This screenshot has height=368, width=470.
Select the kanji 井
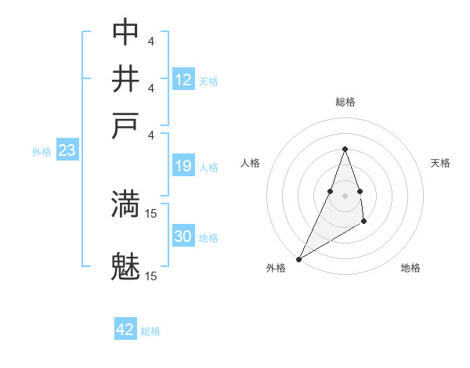[x=125, y=79]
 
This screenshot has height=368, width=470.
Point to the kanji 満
[x=125, y=204]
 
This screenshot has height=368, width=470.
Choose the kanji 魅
[x=125, y=267]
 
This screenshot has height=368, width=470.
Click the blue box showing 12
[x=183, y=80]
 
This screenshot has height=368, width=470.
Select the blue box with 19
[x=183, y=166]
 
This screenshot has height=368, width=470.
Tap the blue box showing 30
[x=183, y=236]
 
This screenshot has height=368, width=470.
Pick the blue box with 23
[x=67, y=151]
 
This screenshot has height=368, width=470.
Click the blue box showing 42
[x=125, y=330]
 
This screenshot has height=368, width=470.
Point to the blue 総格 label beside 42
[x=150, y=331]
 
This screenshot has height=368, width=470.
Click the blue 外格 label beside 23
[x=42, y=152]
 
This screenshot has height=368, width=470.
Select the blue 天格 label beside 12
[x=208, y=81]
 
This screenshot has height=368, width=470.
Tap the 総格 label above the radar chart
[x=345, y=102]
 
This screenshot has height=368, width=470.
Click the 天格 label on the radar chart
[x=440, y=163]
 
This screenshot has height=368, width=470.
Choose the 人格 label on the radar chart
[x=250, y=163]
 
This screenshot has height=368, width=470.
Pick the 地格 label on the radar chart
[x=410, y=269]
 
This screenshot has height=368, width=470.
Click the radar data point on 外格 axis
[x=298, y=258]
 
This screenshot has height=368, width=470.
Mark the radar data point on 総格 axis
[x=345, y=149]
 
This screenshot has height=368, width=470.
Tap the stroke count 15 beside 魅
[x=151, y=276]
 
